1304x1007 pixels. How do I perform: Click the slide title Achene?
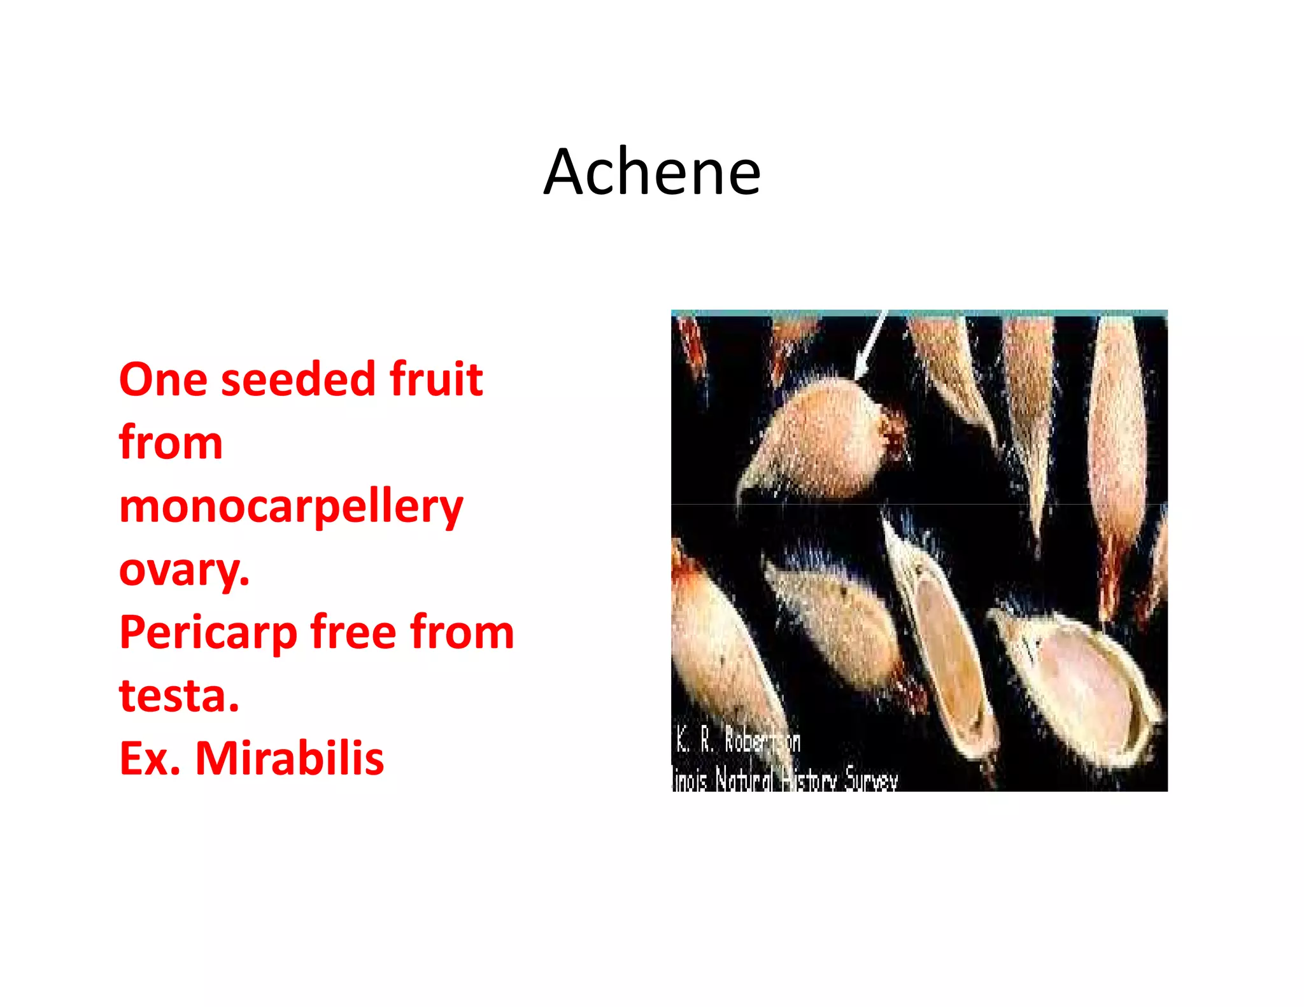tap(652, 172)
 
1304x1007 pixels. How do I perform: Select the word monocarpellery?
tap(291, 507)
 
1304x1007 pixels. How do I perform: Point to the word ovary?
tap(183, 570)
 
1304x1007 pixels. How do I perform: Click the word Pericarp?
tap(208, 633)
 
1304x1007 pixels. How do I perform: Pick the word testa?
tap(179, 695)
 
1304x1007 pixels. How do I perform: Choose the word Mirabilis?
tap(290, 759)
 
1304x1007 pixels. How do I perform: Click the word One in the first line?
tap(163, 379)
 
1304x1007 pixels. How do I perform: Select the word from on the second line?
tap(171, 443)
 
